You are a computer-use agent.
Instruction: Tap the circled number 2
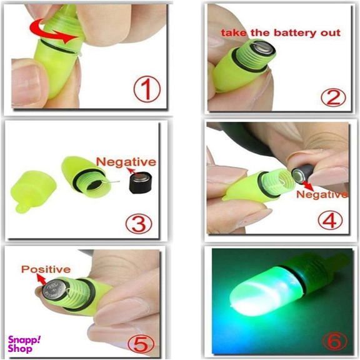click(x=333, y=97)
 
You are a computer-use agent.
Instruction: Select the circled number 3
click(x=139, y=222)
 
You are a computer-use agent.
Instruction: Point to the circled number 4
click(x=330, y=219)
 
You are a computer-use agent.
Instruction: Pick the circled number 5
click(x=140, y=344)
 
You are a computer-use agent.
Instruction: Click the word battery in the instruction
click(x=293, y=33)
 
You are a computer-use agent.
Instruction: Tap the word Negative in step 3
click(x=126, y=162)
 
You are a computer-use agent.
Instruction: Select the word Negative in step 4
click(x=322, y=194)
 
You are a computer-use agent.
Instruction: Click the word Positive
click(x=46, y=269)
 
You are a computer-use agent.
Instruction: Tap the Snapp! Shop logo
click(x=24, y=344)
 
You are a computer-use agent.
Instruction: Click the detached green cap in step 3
click(x=33, y=191)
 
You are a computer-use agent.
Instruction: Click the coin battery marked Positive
click(x=54, y=290)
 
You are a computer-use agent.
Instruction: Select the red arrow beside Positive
click(x=41, y=280)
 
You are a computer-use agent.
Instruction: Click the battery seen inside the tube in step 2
click(x=264, y=47)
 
